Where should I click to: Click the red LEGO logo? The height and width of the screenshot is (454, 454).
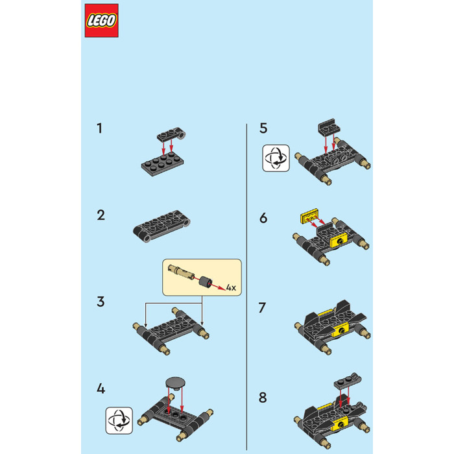[x=102, y=21]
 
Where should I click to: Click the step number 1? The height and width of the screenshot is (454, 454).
[x=100, y=128]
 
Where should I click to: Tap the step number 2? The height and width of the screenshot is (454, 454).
[x=101, y=215]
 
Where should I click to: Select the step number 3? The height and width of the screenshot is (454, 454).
[x=101, y=302]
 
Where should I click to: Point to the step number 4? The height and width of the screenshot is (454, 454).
[x=101, y=388]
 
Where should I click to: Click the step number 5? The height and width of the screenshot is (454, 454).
[x=263, y=128]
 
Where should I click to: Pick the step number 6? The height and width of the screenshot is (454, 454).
[x=263, y=218]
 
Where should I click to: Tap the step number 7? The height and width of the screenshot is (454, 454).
[x=262, y=308]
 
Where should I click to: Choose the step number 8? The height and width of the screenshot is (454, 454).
[x=263, y=397]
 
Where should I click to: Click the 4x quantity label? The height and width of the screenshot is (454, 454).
[x=231, y=287]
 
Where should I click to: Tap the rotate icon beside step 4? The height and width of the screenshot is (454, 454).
[x=119, y=420]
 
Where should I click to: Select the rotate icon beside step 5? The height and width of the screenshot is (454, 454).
[x=276, y=158]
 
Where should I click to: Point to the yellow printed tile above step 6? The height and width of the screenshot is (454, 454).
[x=309, y=216]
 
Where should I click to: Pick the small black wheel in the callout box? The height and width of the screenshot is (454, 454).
[x=206, y=281]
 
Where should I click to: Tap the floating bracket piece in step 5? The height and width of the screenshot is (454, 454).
[x=329, y=127]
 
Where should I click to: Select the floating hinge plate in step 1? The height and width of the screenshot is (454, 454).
[x=171, y=134]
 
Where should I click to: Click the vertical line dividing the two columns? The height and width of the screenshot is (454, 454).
[x=246, y=287]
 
